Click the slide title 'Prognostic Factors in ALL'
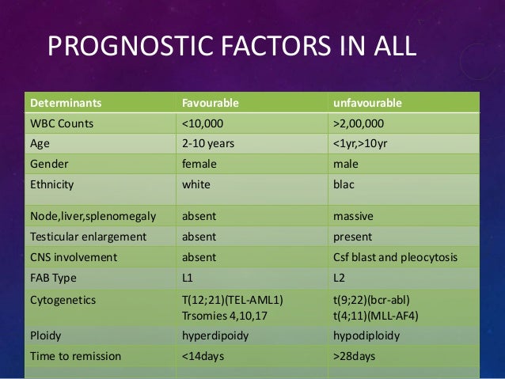pyautogui.click(x=232, y=47)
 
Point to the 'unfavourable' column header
pyautogui.click(x=368, y=104)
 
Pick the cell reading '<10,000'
pyautogui.click(x=203, y=124)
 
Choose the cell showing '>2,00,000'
pyautogui.click(x=364, y=124)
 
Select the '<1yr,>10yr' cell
pyautogui.click(x=366, y=145)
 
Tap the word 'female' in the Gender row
pyautogui.click(x=199, y=165)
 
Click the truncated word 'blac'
pyautogui.click(x=347, y=186)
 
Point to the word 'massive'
pyautogui.click(x=355, y=215)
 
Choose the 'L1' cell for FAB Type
pyautogui.click(x=188, y=277)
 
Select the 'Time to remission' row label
pyautogui.click(x=75, y=355)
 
